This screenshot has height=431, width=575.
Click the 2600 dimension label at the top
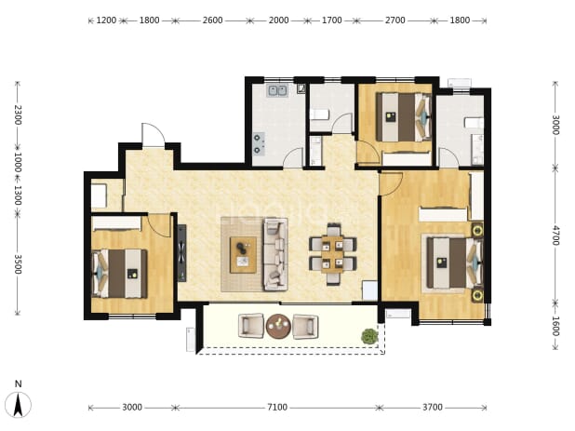click(213, 20)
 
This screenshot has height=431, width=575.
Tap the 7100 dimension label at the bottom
click(277, 407)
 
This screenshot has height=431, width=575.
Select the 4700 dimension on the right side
click(555, 236)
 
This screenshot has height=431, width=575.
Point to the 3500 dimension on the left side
click(18, 264)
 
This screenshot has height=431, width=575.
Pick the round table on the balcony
click(279, 326)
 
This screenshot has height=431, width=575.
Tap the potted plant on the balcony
click(369, 336)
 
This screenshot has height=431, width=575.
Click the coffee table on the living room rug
click(243, 254)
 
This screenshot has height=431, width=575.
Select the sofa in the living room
click(275, 254)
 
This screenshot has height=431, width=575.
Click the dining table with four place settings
click(332, 254)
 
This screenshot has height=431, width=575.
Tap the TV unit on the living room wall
click(181, 253)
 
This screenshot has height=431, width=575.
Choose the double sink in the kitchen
click(277, 90)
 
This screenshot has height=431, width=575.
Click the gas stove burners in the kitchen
click(258, 143)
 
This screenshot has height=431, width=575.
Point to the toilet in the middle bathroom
click(320, 114)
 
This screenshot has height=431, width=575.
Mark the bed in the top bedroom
click(404, 116)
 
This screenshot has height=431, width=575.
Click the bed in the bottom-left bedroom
click(119, 274)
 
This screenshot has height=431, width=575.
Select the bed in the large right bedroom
click(454, 263)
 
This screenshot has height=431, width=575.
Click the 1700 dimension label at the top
click(332, 20)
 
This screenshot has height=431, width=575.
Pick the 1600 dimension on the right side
click(555, 326)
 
